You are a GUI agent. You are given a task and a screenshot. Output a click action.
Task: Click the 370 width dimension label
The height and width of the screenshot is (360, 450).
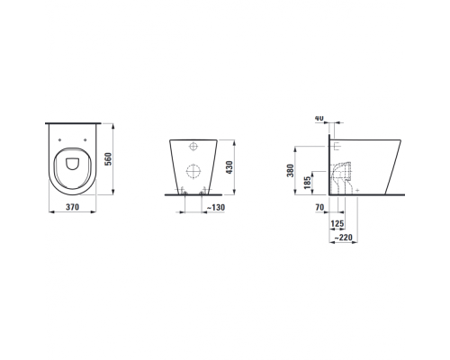coord(72,207)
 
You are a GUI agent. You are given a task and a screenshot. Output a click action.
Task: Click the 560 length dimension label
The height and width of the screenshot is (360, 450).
coord(108,159)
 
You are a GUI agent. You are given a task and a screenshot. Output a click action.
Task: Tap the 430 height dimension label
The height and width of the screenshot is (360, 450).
coord(229,167)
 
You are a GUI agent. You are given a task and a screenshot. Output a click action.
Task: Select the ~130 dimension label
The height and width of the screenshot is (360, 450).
coord(216,207)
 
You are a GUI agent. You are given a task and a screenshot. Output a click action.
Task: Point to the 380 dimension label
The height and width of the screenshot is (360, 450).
coord(290,170)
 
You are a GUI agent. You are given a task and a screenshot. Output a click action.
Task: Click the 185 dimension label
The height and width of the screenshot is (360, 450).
coord(307,183)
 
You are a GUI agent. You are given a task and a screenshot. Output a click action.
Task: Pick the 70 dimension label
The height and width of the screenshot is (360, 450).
coord(319,207)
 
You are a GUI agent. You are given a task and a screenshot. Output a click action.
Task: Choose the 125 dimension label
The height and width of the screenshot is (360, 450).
coord(337,223)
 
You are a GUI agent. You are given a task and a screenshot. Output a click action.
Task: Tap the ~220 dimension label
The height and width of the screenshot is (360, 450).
coord(343,238)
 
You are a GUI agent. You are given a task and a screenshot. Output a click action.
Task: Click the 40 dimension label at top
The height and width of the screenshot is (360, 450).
coord(319,118)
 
